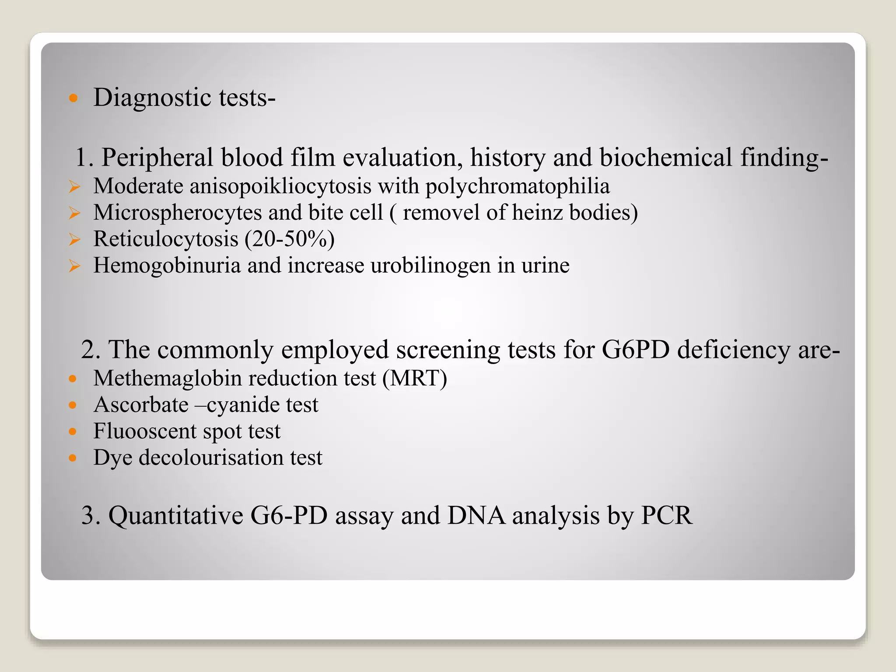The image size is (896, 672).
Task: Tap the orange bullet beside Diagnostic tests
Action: click(x=73, y=98)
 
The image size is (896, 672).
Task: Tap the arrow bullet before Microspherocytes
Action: click(x=74, y=213)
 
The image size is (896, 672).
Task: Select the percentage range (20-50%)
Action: click(x=290, y=239)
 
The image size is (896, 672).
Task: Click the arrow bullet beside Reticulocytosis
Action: click(x=74, y=239)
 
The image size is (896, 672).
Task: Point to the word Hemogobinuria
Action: click(x=167, y=266)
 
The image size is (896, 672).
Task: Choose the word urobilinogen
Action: click(x=430, y=266)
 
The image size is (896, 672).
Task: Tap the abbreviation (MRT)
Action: click(x=415, y=378)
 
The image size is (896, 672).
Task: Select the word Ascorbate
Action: click(x=141, y=405)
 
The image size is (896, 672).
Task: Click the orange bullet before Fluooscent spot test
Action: click(x=73, y=431)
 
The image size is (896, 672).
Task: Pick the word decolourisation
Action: click(x=211, y=458)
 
